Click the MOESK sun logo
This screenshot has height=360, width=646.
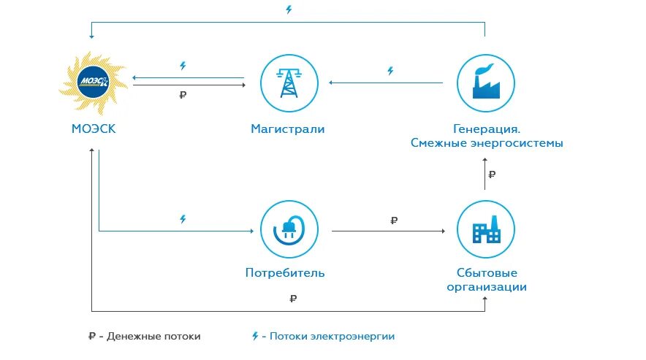click(x=94, y=80)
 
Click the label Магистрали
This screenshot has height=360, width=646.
click(x=288, y=129)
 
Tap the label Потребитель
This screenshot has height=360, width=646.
click(x=285, y=273)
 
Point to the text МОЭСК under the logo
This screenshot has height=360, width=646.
click(x=94, y=129)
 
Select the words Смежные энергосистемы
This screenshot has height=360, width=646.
click(x=487, y=143)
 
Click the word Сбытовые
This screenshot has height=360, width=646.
click(x=486, y=273)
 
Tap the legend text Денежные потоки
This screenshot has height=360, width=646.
click(x=154, y=337)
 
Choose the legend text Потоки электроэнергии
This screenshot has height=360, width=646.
click(x=332, y=337)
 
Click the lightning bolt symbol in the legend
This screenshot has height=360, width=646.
click(x=255, y=337)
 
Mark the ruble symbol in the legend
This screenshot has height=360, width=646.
click(x=91, y=337)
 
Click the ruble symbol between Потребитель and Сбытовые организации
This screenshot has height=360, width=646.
click(x=395, y=220)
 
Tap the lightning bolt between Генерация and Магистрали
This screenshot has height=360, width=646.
click(x=390, y=71)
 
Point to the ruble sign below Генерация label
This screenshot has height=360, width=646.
click(x=493, y=175)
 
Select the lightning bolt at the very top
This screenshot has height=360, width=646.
click(x=288, y=9)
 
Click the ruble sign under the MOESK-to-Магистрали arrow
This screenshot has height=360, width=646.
click(x=183, y=95)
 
